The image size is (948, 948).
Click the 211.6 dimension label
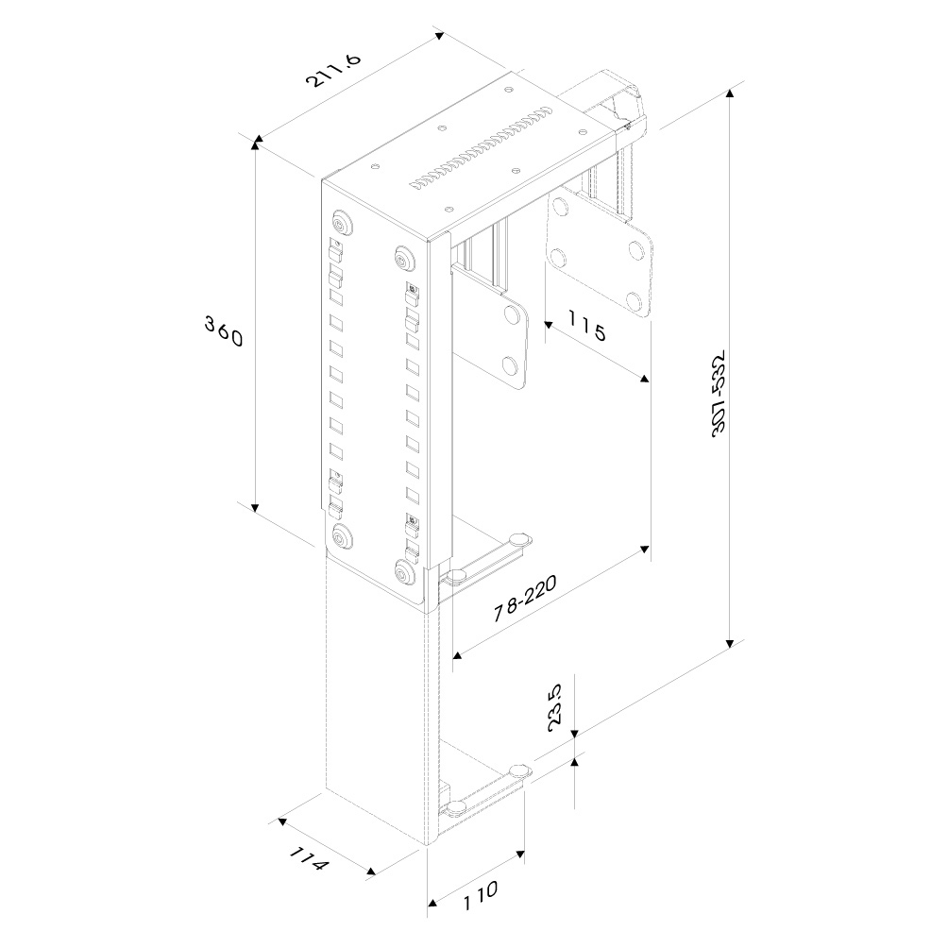pos(333,70)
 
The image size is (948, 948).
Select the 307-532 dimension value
pos(719,393)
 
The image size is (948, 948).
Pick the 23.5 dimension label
pos(555,707)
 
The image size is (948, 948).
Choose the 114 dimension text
pos(309,858)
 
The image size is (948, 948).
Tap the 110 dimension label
pos(481,895)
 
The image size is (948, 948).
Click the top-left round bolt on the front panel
pos(342,224)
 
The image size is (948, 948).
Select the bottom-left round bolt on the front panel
pos(342,537)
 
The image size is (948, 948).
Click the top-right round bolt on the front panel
pos(403,258)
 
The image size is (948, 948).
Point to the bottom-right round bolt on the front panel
pos(403,571)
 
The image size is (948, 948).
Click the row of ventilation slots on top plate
pos(481,148)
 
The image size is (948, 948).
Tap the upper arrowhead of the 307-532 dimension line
pos(730,93)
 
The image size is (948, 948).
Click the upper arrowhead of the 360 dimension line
pos(256,144)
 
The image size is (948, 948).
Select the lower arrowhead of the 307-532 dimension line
pos(730,643)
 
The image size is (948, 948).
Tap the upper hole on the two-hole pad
pos(514,315)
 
